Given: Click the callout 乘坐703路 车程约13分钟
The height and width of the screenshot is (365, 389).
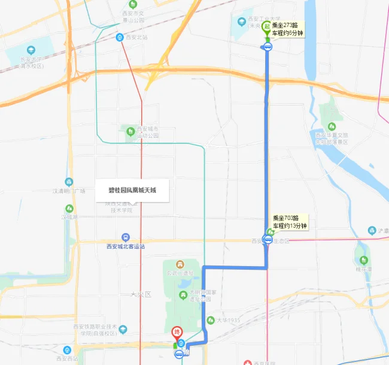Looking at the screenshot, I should [290, 222].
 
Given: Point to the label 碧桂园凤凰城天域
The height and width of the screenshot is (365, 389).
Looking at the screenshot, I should [132, 191].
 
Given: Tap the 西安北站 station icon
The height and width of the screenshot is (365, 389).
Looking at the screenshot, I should [120, 37].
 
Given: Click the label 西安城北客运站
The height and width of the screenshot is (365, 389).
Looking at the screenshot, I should [125, 246].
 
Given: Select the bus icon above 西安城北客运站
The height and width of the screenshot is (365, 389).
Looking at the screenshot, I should [125, 237].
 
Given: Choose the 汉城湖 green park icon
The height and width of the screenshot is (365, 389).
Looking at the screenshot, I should [69, 209].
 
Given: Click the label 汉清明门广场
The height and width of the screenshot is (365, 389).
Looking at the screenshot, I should [69, 191].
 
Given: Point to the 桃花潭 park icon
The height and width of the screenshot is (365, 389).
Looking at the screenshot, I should [363, 260].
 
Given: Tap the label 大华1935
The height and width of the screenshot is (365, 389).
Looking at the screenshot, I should [227, 321].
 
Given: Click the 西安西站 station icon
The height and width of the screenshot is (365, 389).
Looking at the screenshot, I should [66, 350].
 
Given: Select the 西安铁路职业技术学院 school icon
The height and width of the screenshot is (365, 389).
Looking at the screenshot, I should [123, 329].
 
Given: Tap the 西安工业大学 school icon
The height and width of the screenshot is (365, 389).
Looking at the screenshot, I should [241, 22].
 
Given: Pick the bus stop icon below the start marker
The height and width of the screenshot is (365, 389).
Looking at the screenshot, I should [268, 48].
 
